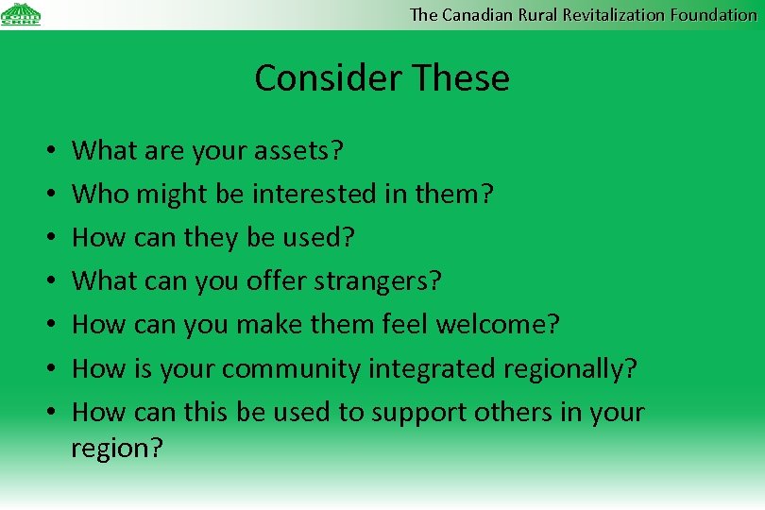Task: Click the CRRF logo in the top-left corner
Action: pos(21,14)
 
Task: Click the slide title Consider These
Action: pos(382,77)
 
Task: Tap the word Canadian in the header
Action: pos(477,14)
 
